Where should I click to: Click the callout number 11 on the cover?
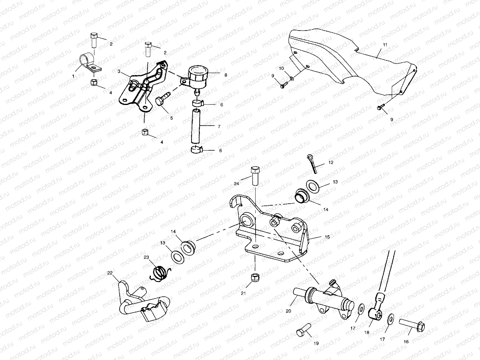tap(385, 45)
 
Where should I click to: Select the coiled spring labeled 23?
tap(160, 274)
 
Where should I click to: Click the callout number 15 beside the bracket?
tap(327, 237)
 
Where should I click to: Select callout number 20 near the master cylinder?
tap(288, 311)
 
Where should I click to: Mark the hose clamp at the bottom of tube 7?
tap(197, 149)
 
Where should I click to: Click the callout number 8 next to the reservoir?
tap(226, 75)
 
